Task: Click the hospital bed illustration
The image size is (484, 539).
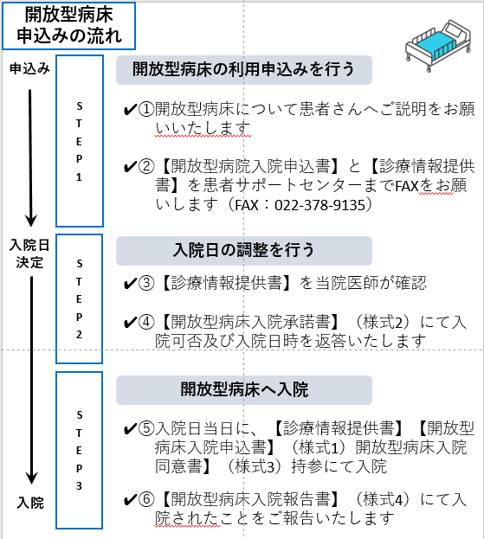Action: pos(438,45)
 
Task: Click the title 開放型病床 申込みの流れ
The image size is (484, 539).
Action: pos(68,26)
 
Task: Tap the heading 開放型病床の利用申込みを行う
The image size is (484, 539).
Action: pos(243,69)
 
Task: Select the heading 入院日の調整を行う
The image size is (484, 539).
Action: pos(243,250)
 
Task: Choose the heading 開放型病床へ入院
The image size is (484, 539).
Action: pos(244,390)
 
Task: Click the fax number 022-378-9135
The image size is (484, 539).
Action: pos(319,205)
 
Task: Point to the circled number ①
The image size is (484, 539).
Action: pos(146,109)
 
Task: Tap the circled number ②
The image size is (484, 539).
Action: pos(146,166)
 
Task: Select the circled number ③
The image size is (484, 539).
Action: pos(146,283)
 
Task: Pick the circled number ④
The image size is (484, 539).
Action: pos(146,323)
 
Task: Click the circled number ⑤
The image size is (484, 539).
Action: pos(146,428)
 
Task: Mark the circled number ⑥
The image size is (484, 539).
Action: pos(146,499)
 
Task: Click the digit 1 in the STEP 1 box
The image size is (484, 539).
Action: pos(79,177)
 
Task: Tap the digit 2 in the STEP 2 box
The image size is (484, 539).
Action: pos(79,334)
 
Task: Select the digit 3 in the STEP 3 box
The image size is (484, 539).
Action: pos(79,485)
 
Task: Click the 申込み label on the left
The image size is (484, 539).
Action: pos(29,68)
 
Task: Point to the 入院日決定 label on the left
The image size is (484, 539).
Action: pos(29,253)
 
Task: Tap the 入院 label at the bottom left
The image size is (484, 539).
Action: pos(30,503)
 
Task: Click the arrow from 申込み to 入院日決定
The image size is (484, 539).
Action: pos(30,158)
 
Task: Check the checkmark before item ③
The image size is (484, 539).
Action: pos(130,284)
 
